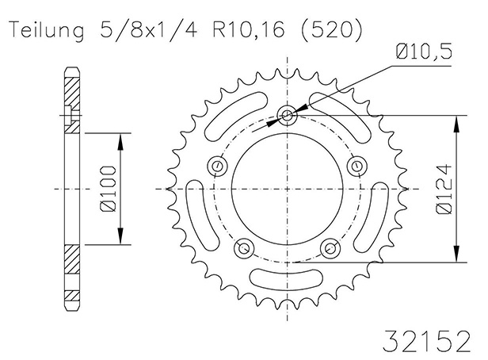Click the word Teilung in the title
click(x=48, y=31)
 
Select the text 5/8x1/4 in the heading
click(x=149, y=29)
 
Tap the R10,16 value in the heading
click(x=249, y=30)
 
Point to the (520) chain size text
click(x=332, y=30)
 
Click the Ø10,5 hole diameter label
click(x=424, y=52)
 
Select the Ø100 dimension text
click(x=109, y=189)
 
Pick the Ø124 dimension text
click(x=443, y=189)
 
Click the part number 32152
click(x=426, y=342)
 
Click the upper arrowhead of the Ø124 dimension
click(x=456, y=124)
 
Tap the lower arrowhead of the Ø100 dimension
click(x=120, y=236)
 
